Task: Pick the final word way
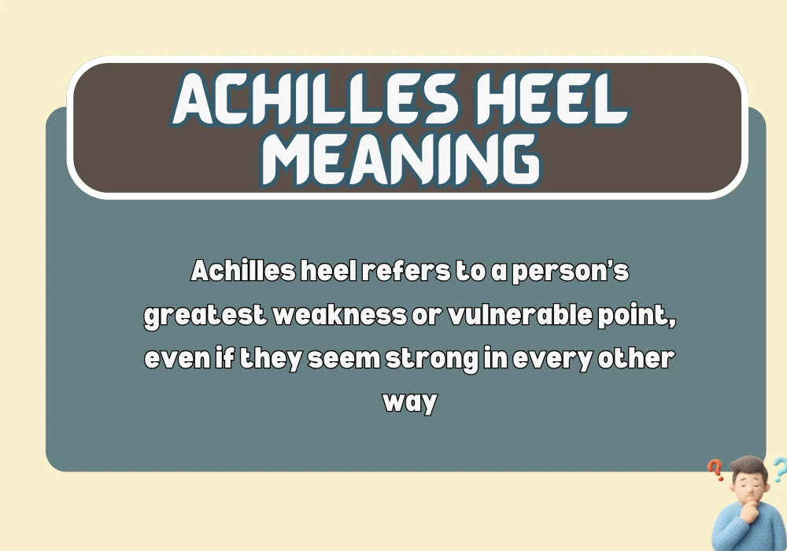pos(408,402)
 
